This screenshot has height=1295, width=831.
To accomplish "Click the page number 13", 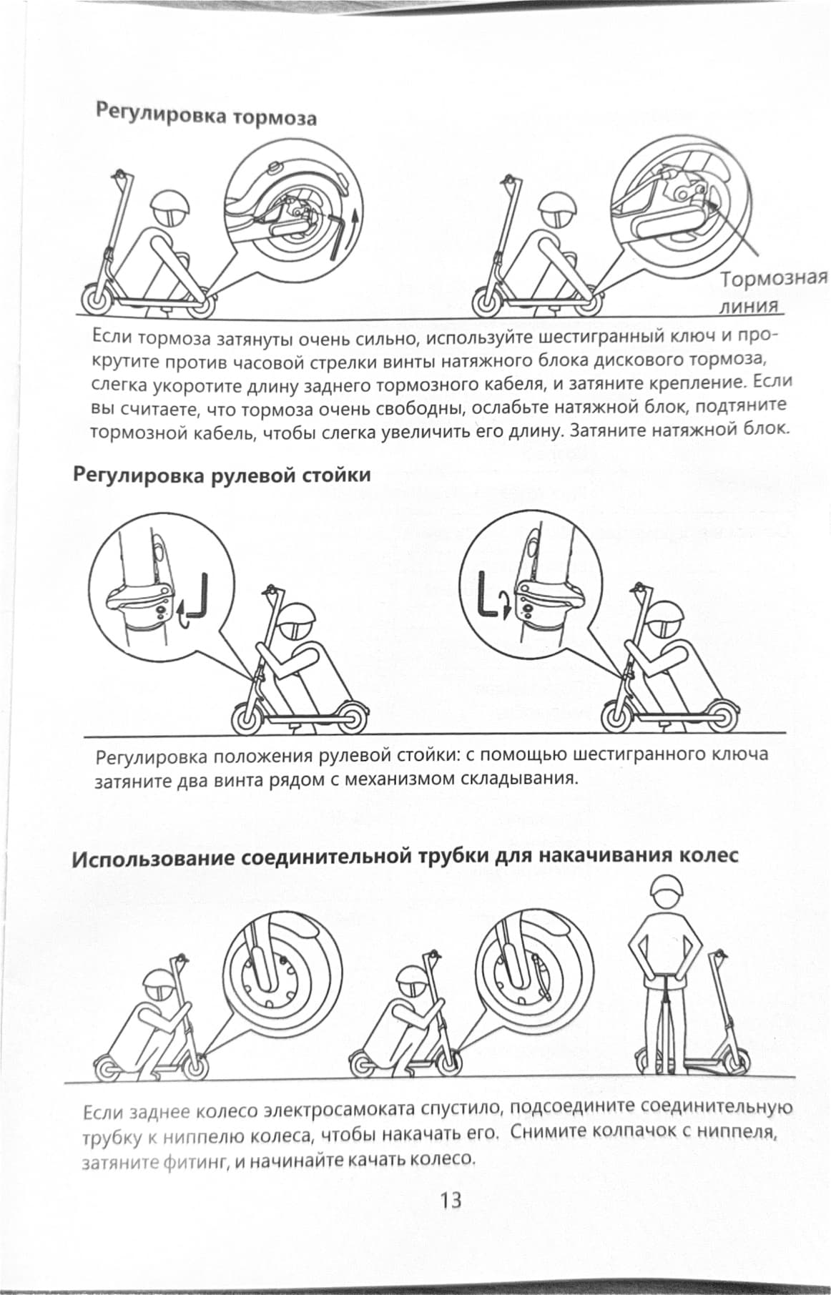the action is [x=451, y=1199].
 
